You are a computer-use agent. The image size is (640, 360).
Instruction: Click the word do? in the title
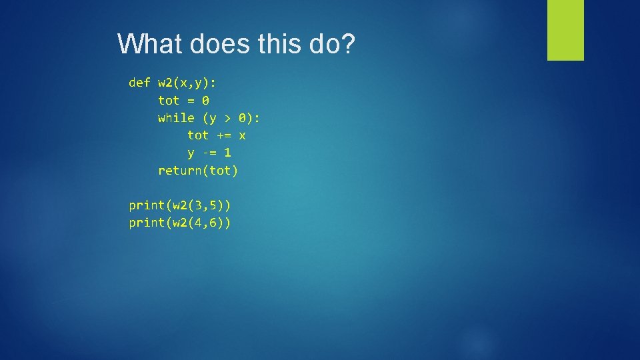(332, 45)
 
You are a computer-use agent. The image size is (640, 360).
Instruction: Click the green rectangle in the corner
(565, 30)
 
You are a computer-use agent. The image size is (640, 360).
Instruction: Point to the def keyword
(139, 83)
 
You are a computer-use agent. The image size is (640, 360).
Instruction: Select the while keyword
(176, 118)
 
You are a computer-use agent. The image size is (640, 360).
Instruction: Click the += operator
(223, 135)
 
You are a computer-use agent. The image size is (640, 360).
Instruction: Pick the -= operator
(209, 153)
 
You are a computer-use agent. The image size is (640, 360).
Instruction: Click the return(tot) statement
(198, 171)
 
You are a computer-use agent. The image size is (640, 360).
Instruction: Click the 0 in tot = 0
(205, 101)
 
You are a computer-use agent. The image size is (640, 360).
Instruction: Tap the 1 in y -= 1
(227, 153)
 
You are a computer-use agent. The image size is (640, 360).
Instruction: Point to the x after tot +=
(242, 135)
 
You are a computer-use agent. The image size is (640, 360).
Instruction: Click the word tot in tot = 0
(169, 101)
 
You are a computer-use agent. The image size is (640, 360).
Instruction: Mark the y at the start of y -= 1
(191, 153)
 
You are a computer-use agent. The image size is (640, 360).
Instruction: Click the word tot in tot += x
(198, 135)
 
